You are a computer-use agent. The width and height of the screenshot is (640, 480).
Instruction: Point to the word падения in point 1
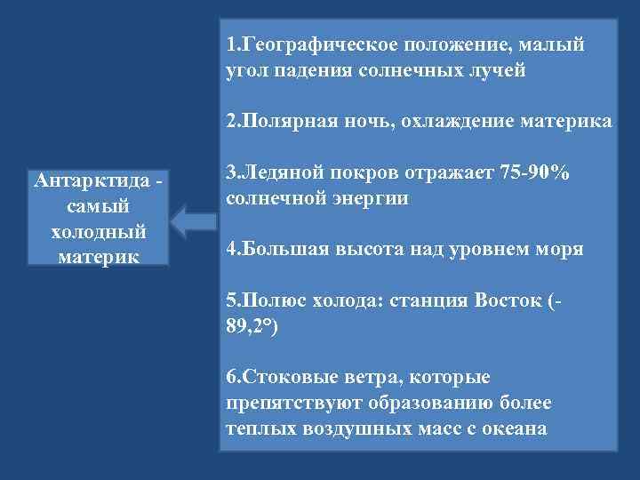(x=311, y=70)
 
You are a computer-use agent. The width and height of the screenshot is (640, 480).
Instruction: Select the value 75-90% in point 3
(x=532, y=172)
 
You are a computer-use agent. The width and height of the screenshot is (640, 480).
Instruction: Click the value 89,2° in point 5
(x=252, y=326)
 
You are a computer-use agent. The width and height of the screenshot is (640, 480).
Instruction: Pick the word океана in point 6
(x=515, y=428)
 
